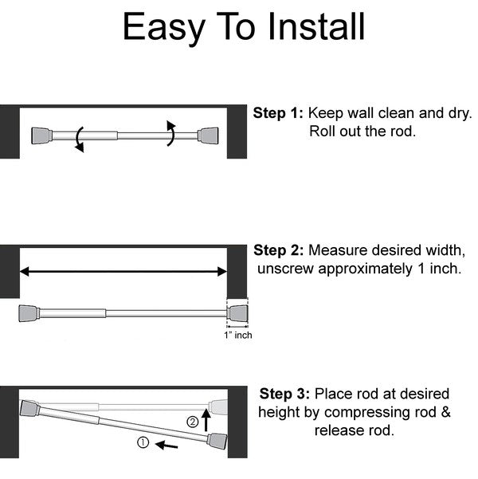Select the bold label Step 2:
click(x=278, y=250)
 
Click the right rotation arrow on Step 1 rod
click(x=171, y=132)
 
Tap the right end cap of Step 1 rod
click(x=210, y=135)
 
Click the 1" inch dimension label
click(x=237, y=335)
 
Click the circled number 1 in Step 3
click(x=143, y=441)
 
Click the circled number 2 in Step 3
click(x=192, y=422)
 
